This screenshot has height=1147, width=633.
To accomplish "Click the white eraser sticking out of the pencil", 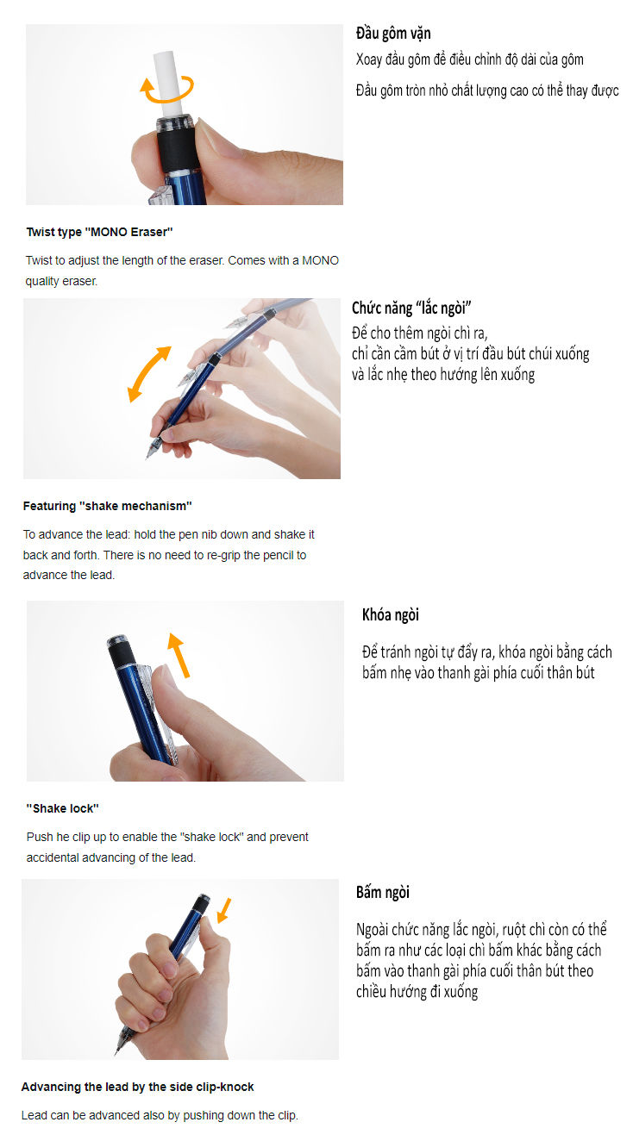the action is [x=167, y=84].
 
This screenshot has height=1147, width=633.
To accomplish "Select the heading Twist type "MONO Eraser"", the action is [x=99, y=232].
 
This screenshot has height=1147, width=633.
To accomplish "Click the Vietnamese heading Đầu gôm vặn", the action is [x=393, y=34].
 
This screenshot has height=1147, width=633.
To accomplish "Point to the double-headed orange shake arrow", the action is [x=148, y=374].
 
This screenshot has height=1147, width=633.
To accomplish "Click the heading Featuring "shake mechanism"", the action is [x=107, y=506].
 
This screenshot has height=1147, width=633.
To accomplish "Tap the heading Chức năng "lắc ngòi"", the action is [x=411, y=308].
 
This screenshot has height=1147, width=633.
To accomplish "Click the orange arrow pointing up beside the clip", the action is [x=179, y=656].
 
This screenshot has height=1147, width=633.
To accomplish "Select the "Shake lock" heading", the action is [x=62, y=808].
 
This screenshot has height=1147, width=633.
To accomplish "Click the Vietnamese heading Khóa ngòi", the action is [x=391, y=614].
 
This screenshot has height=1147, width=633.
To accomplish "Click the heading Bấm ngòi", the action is [x=382, y=892].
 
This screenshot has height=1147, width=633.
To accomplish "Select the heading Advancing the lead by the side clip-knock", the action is [x=137, y=1087].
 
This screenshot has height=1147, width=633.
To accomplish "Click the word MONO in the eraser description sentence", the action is [x=320, y=260].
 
